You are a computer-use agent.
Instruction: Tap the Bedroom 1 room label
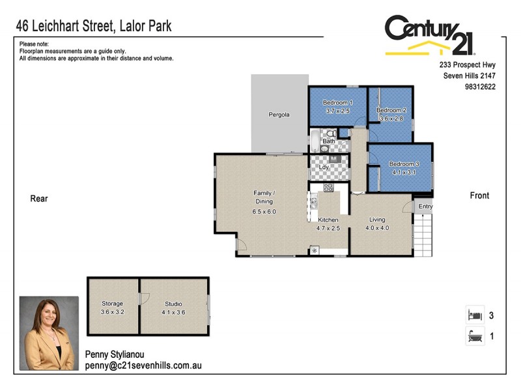coord(338,103)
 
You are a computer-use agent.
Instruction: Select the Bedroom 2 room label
coord(391,110)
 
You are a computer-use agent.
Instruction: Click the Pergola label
coord(279,115)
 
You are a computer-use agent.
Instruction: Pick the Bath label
coord(329,141)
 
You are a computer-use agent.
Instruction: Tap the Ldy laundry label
coord(324,167)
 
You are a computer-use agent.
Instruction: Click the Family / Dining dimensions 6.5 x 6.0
coord(264,211)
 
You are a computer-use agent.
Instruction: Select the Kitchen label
coord(328,220)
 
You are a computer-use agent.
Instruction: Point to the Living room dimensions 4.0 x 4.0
coord(377,228)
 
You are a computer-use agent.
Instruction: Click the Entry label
coord(425,207)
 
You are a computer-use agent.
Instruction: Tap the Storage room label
coord(112,304)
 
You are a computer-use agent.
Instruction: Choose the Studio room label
coord(173,304)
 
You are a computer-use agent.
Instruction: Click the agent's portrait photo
coord(49,333)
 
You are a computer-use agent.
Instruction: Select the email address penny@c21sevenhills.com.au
coord(143,366)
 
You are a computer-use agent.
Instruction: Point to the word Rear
coord(39,199)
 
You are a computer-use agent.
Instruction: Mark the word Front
coord(479,195)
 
